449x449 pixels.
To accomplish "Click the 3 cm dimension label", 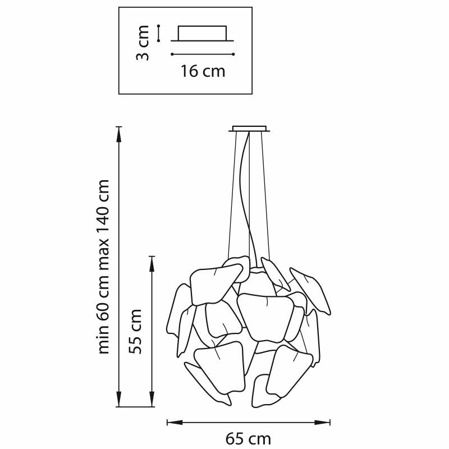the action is click(143, 43).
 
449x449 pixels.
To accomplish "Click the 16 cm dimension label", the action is click(203, 71).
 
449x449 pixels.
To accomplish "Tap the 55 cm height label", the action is click(135, 331).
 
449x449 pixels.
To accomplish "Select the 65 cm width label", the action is click(248, 439).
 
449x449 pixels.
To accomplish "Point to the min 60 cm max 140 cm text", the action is click(104, 267).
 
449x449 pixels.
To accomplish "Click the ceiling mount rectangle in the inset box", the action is click(202, 33).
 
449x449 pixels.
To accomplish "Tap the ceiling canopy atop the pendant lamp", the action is click(249, 129).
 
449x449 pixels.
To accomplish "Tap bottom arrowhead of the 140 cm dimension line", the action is click(119, 399).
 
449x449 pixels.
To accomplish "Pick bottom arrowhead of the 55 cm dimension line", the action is click(152, 399).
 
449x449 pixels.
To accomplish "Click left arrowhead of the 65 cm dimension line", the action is click(175, 423).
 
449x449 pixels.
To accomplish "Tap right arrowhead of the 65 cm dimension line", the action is click(322, 423).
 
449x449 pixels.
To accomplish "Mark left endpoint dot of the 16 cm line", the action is click(172, 54).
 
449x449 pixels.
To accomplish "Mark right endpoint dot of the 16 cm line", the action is click(233, 54).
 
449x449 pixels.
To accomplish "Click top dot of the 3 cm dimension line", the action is click(158, 26).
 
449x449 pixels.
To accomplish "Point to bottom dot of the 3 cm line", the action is click(158, 41).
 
